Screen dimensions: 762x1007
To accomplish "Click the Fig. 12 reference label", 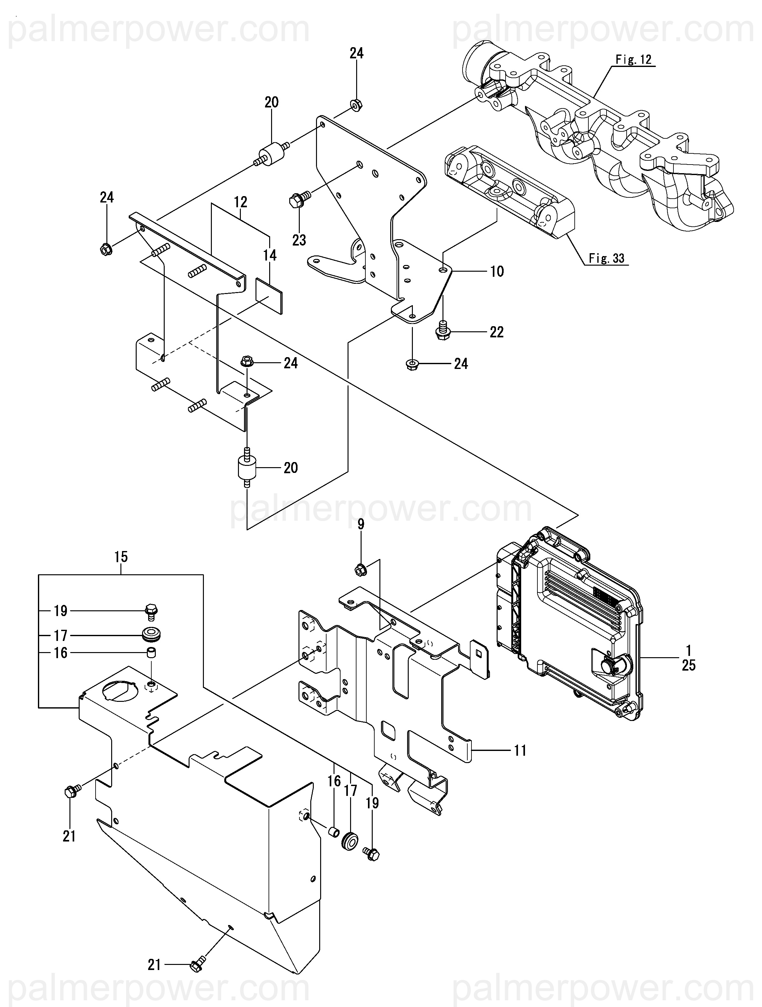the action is coord(633,60).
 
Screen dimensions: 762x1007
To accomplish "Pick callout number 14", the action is coord(270,255).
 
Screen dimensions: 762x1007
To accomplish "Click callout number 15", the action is coord(121,557).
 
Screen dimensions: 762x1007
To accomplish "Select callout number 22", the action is coord(496,332).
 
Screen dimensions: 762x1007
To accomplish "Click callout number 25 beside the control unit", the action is coord(689,665).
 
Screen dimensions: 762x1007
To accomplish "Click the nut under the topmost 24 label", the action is coord(356,105).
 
